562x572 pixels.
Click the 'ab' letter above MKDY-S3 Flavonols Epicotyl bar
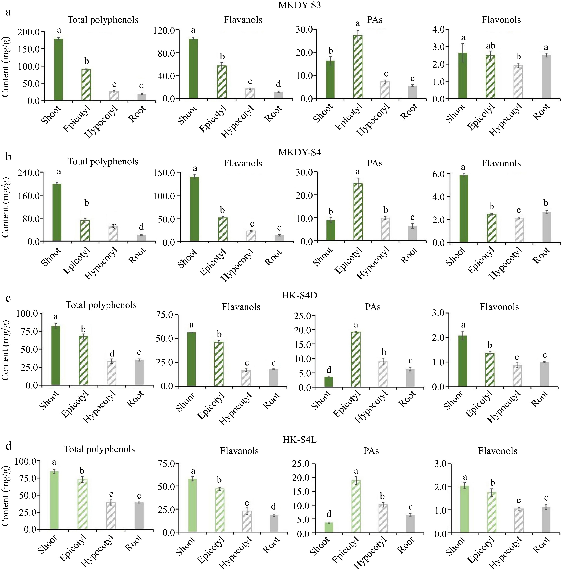click(490, 46)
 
